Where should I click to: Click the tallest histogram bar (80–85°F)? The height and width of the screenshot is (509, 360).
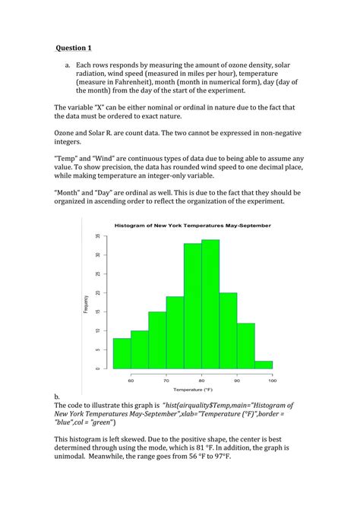point(210,304)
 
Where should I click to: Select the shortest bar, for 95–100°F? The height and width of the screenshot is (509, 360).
point(264,365)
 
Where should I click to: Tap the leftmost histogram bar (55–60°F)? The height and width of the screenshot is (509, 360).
point(122,353)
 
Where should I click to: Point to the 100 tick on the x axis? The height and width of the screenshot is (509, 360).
point(272,379)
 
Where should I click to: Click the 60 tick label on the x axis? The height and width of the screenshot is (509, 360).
point(131,379)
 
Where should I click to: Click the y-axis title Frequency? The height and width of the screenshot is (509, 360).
point(86,304)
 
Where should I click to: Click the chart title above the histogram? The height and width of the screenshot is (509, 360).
point(192,226)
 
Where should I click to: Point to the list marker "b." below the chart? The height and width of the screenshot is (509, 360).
point(57,397)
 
